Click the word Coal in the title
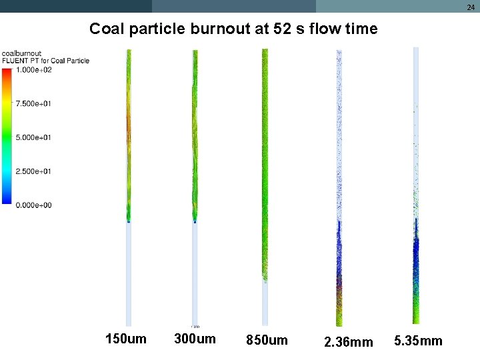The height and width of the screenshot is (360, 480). point(105,29)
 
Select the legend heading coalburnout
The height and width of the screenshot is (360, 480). point(22,53)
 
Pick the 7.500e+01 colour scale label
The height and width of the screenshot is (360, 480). point(33,104)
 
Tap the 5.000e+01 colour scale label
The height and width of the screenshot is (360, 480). point(33,138)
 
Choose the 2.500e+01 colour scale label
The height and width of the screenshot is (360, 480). point(33,172)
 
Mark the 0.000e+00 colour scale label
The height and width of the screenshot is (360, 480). point(33,205)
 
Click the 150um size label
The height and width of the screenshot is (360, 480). point(126,339)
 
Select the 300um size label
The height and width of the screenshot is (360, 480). point(195,339)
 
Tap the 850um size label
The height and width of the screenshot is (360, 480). point(267,341)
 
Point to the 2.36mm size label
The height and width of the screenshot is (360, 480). point(348,343)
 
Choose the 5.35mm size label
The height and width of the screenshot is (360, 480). point(418,341)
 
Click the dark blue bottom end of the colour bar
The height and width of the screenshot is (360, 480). point(7,201)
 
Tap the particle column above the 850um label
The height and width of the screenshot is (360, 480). point(265,167)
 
